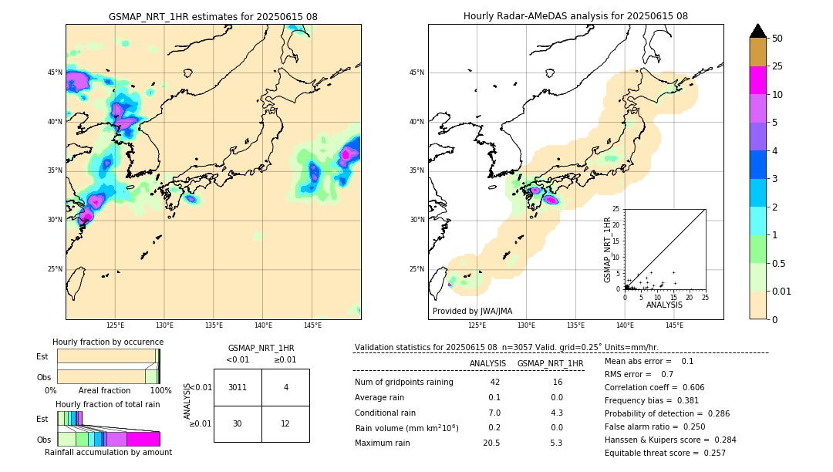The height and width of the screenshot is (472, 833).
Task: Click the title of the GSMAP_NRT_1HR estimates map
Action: click(213, 16)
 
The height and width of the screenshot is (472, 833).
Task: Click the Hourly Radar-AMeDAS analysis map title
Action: click(575, 16)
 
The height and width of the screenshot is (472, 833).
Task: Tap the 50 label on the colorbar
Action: click(777, 39)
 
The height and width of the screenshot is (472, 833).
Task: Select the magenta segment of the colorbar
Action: click(758, 80)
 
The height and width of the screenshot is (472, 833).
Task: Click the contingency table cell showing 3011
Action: click(238, 387)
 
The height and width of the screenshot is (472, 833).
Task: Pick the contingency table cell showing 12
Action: click(285, 424)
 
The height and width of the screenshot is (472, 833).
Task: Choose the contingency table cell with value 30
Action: click(238, 424)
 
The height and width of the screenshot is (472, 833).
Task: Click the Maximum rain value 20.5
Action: click(491, 443)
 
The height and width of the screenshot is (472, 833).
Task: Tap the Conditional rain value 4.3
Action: click(556, 413)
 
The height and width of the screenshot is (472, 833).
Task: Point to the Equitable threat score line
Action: click(665, 453)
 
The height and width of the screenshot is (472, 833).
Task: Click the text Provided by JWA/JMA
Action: click(472, 311)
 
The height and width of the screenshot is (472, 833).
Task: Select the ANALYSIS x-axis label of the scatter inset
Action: click(664, 305)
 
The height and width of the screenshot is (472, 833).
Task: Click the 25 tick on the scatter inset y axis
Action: click(616, 209)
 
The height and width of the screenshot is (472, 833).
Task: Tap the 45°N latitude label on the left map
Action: click(55, 72)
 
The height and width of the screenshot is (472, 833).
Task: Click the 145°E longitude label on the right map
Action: click(674, 325)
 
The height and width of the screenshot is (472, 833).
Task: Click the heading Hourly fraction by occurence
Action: click(108, 342)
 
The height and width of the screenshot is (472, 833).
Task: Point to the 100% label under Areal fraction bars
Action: click(160, 391)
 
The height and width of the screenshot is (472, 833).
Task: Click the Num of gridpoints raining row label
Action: click(403, 383)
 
